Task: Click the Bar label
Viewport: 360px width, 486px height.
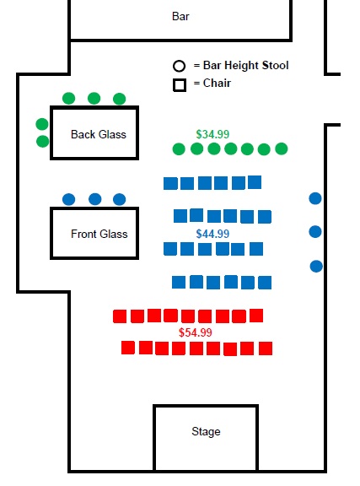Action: click(x=180, y=16)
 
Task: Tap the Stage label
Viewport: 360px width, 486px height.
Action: click(x=206, y=431)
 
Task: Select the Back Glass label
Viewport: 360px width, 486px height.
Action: click(x=99, y=134)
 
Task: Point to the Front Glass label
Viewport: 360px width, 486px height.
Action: click(x=99, y=234)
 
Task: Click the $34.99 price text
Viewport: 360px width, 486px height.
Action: click(x=212, y=134)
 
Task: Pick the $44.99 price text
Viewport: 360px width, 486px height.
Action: click(x=212, y=234)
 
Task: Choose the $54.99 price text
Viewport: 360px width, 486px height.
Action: click(x=196, y=332)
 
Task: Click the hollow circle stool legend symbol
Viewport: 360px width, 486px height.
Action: click(x=179, y=66)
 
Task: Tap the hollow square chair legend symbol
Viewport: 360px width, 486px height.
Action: click(x=180, y=85)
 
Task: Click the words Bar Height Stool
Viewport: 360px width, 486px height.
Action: click(x=245, y=66)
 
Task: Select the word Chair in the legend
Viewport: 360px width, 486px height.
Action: click(x=217, y=83)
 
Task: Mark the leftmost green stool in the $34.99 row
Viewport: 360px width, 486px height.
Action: click(x=179, y=149)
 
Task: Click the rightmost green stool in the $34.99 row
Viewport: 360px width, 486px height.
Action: click(x=282, y=148)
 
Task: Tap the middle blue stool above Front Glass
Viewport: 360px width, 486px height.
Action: click(x=94, y=199)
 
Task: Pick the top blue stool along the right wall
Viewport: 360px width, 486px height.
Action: click(x=315, y=198)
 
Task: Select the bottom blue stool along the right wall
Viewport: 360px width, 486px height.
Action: click(x=316, y=267)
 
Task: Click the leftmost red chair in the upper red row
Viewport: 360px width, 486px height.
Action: click(x=120, y=316)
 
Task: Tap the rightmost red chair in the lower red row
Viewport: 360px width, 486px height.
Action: click(x=266, y=348)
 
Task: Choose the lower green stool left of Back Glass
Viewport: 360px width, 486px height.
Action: click(x=43, y=142)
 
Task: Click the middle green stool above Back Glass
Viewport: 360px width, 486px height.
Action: click(x=94, y=98)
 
